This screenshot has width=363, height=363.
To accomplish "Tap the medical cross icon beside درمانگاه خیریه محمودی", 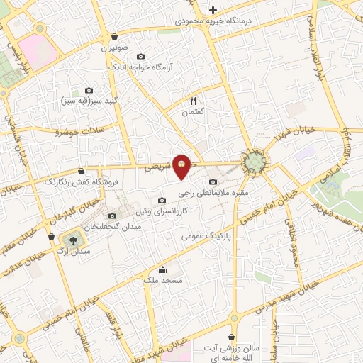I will [x=213, y=9].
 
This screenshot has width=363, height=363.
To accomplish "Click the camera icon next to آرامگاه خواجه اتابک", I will [x=140, y=56].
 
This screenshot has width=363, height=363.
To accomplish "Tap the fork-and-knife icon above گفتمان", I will [x=193, y=101].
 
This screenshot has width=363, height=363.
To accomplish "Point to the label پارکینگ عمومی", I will [x=207, y=235].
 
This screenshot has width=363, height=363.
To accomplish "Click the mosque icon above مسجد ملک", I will [x=164, y=269].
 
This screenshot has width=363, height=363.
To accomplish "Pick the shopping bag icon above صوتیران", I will [x=115, y=36].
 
